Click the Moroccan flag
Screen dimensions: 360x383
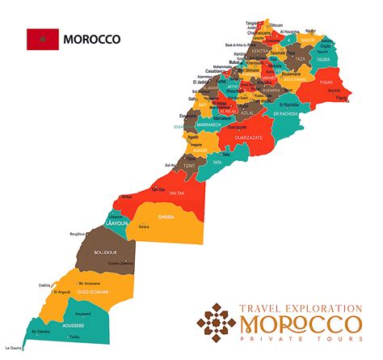42,39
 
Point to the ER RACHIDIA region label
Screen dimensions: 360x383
288,113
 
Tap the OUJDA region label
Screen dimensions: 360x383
323,57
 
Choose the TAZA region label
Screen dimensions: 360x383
301,59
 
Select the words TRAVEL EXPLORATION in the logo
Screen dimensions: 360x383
301,307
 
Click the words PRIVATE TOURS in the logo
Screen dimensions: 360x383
301,343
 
